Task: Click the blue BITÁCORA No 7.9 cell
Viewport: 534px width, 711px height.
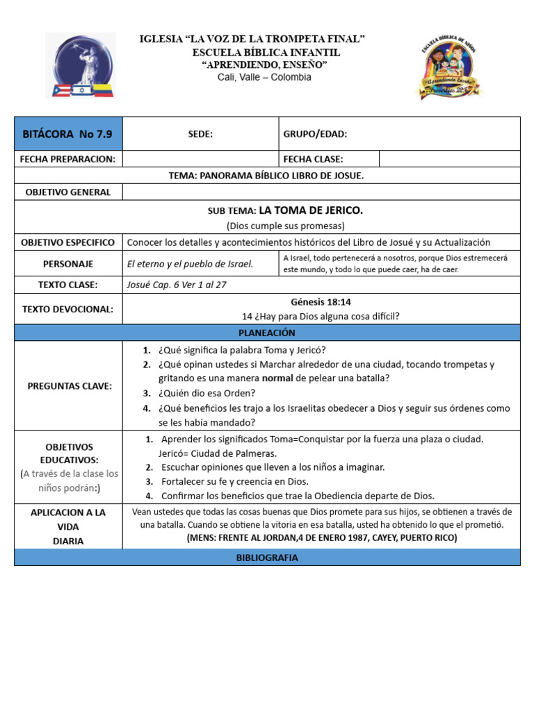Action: tap(68, 134)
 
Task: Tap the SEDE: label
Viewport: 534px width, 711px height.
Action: tap(200, 134)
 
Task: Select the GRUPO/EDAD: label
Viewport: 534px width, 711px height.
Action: tap(315, 134)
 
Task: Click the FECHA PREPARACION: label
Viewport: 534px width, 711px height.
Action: tap(67, 159)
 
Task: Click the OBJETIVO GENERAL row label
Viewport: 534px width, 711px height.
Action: tap(68, 192)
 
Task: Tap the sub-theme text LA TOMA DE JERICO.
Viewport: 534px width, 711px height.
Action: tap(311, 210)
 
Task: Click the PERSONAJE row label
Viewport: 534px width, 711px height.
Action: tap(68, 264)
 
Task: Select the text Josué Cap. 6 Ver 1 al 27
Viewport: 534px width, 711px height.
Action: tap(177, 285)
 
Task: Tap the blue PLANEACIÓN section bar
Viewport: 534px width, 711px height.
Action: tap(267, 333)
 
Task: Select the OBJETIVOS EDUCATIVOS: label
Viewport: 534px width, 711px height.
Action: tap(68, 453)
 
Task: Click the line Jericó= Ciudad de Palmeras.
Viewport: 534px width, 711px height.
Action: tap(208, 453)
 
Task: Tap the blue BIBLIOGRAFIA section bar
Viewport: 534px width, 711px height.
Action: tap(267, 558)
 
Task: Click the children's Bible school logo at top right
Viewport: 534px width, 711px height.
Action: tap(449, 66)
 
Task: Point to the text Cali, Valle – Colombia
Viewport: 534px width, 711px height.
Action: tap(264, 77)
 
